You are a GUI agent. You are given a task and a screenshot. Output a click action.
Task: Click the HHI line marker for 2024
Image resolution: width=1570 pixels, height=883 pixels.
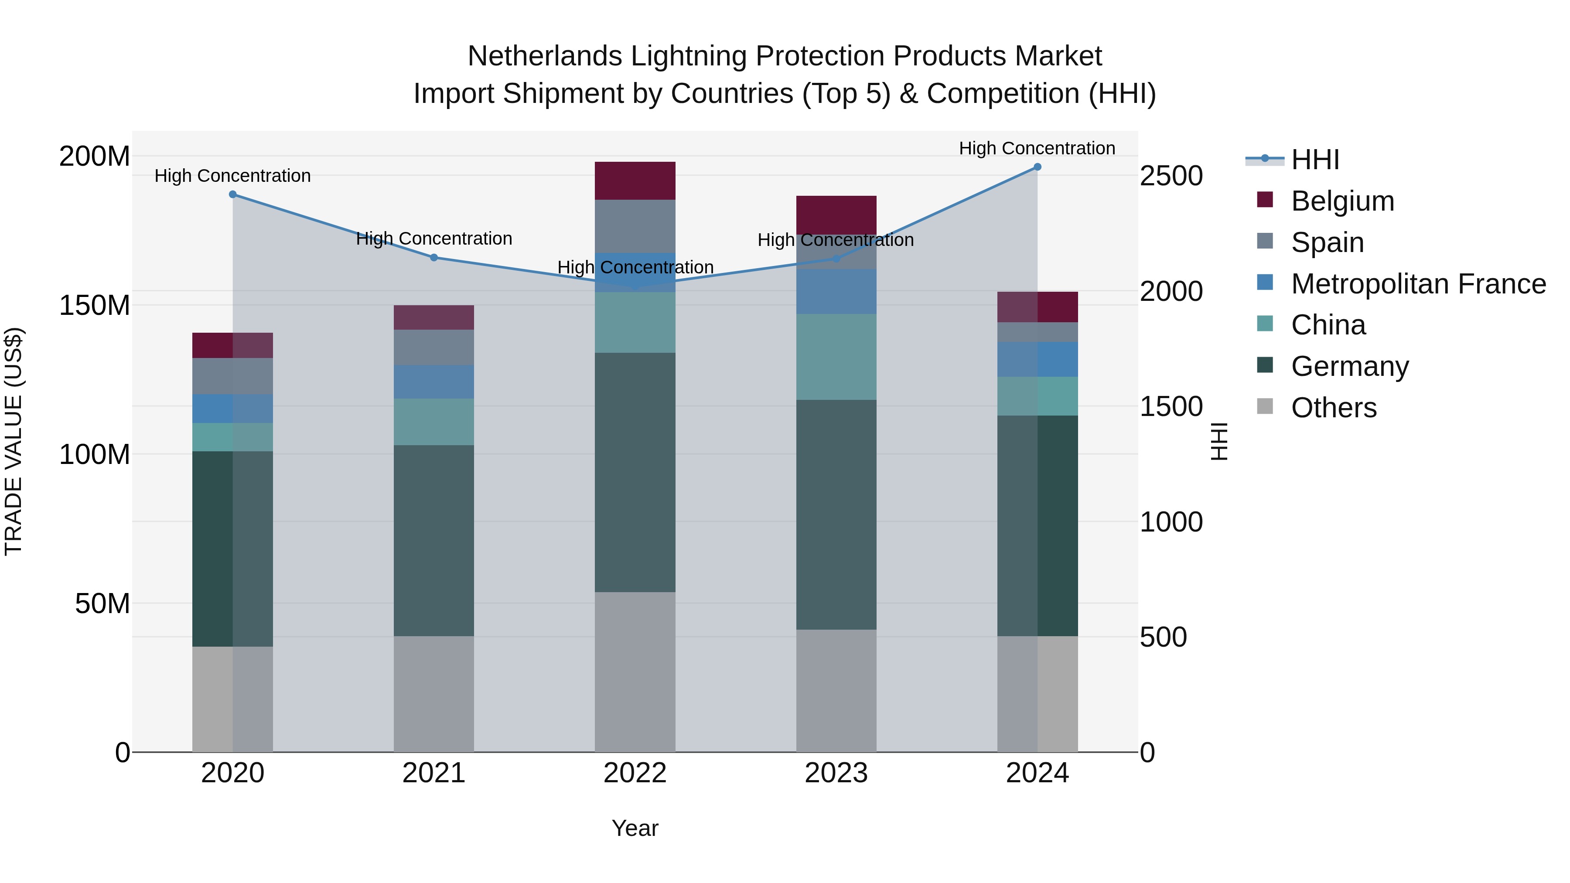[x=1038, y=167]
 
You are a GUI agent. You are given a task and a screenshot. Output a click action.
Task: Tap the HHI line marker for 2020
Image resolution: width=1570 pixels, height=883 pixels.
[x=233, y=194]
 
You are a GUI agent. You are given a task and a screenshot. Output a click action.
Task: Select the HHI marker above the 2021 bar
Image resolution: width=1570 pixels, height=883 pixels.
[x=434, y=258]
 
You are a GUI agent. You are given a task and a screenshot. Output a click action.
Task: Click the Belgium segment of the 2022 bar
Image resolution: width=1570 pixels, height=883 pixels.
[x=635, y=181]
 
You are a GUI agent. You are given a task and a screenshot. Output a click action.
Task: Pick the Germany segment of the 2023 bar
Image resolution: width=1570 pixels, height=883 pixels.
[x=836, y=515]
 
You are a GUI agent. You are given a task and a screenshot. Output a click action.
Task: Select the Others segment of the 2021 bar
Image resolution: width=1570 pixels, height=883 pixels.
[x=434, y=694]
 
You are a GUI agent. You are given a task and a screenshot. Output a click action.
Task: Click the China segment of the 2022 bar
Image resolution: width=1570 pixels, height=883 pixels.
[x=635, y=322]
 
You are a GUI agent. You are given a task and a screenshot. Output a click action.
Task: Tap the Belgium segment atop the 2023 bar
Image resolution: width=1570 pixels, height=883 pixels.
[x=836, y=215]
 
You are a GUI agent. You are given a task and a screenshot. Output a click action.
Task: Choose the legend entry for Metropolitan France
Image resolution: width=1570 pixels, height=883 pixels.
[x=1418, y=284]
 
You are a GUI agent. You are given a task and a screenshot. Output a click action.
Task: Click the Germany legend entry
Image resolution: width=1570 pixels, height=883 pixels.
[x=1349, y=366]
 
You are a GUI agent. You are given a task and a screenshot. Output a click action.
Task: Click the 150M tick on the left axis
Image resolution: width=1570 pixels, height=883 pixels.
[x=95, y=305]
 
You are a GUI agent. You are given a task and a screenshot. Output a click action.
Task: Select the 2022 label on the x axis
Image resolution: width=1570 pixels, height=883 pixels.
[x=635, y=773]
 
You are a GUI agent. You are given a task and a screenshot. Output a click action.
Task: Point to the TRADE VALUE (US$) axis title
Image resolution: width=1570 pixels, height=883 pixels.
[x=14, y=441]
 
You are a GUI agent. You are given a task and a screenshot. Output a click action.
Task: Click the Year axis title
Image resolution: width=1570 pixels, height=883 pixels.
[x=635, y=828]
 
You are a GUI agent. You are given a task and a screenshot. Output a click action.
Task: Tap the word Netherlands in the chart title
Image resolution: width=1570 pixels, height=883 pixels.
[x=544, y=56]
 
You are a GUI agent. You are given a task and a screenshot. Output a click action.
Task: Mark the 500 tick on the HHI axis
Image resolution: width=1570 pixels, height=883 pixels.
[x=1163, y=638]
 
